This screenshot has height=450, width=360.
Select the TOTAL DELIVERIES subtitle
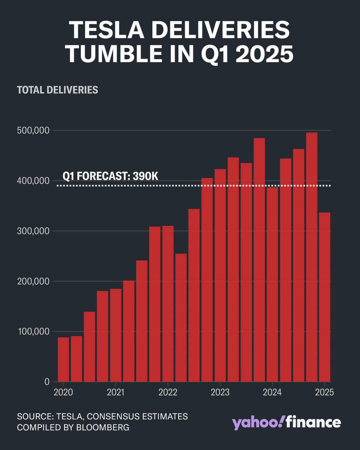[x=57, y=90]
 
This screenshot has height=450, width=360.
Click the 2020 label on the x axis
[x=63, y=393]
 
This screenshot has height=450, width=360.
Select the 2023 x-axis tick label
[x=219, y=393]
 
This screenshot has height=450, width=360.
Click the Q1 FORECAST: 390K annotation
[x=110, y=176]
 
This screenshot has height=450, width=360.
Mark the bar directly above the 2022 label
[x=168, y=304]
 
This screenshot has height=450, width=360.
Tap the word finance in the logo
[x=313, y=422]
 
